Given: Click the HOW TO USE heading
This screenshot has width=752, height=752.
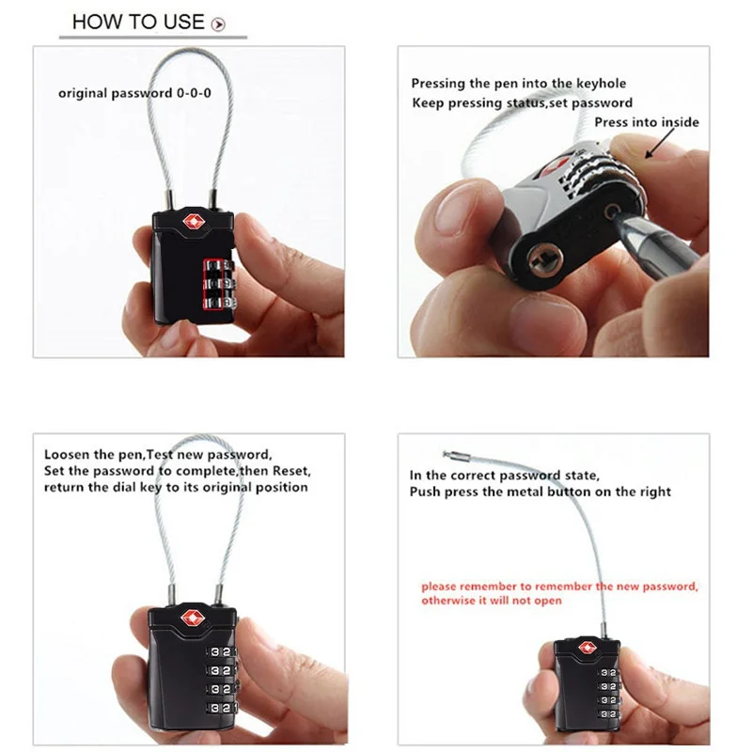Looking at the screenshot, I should [137, 22].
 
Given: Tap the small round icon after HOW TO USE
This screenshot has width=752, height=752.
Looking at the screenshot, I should [219, 24].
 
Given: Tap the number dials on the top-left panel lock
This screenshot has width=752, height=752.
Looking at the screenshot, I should [213, 283].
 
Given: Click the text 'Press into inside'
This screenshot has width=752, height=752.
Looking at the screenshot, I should [647, 122].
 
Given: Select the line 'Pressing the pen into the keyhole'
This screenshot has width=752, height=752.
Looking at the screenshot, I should [518, 84].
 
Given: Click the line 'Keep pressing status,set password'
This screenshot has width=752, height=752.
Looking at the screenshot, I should [522, 102].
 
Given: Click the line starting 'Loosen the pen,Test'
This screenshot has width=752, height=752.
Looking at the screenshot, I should [158, 452].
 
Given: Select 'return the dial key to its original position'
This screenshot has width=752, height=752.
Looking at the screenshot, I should [176, 487].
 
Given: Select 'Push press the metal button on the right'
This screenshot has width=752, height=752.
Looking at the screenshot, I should [540, 492].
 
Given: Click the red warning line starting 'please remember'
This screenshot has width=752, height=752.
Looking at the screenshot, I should [558, 586].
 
